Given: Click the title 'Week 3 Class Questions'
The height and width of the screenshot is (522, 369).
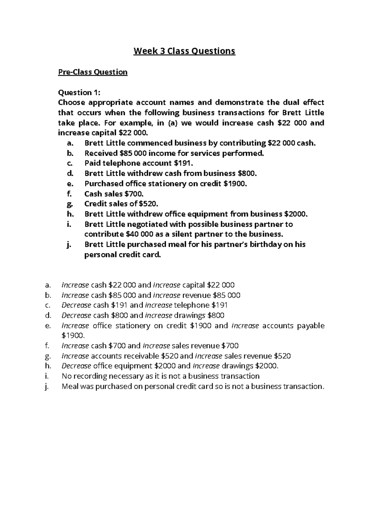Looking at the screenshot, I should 184,51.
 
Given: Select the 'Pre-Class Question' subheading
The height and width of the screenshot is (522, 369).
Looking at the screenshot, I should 93,72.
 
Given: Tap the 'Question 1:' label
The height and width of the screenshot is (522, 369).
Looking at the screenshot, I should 79,92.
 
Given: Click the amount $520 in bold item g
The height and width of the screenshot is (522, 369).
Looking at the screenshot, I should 149,204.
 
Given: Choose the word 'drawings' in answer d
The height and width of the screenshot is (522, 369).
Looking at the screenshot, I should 190,315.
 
